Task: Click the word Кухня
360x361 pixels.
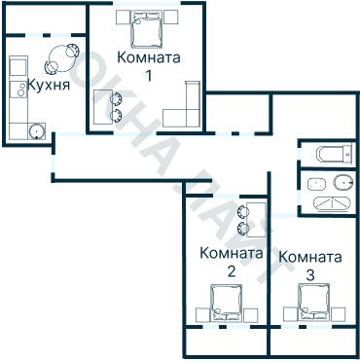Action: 48,86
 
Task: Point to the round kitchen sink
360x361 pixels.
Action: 37,130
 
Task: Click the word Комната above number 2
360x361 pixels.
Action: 231,253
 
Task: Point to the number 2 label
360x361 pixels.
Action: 231,271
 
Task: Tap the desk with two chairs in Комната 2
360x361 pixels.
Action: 253,217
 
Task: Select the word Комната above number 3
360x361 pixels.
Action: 309,258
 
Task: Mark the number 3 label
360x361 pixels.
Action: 309,275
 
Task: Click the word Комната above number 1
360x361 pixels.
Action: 148,57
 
